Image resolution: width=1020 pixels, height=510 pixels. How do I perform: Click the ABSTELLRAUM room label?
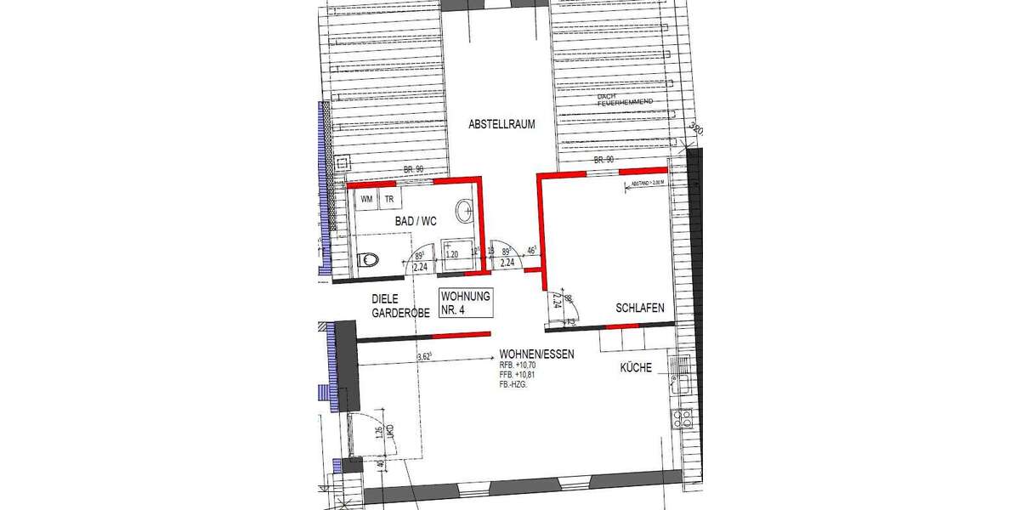click(x=501, y=124)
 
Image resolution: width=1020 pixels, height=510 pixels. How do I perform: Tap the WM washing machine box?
click(x=367, y=200)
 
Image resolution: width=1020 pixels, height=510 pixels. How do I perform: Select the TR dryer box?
click(x=389, y=200)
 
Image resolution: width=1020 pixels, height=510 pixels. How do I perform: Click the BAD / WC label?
click(x=416, y=221)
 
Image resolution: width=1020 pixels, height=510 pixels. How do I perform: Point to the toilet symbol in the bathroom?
click(x=368, y=260)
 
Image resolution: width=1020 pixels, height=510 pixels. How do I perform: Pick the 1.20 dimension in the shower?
click(x=452, y=254)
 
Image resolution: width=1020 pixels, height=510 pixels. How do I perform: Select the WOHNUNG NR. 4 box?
click(x=463, y=303)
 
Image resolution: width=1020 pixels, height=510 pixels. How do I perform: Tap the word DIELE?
click(x=387, y=299)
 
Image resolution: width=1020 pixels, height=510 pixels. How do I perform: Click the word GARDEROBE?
click(x=402, y=313)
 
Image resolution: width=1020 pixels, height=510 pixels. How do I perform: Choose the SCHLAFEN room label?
click(x=640, y=309)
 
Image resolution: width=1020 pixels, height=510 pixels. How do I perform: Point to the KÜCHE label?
click(x=636, y=368)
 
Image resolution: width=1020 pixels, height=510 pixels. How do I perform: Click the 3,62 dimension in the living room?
click(x=425, y=357)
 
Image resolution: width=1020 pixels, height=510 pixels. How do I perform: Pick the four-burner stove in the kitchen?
click(x=683, y=417)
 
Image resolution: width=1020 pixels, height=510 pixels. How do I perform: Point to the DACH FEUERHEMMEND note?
click(x=624, y=99)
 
